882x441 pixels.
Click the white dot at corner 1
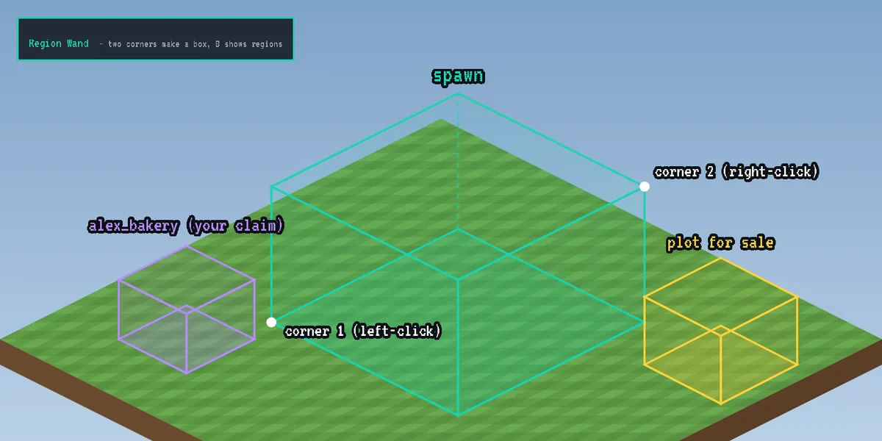tap(271, 323)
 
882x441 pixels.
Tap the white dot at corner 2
tap(644, 187)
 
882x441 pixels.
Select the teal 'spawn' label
tap(458, 76)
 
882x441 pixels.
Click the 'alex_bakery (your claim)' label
tap(186, 226)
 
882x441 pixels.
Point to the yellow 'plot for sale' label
tap(720, 243)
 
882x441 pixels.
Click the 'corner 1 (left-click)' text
tap(363, 331)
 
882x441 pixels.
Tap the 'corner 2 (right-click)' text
tap(736, 172)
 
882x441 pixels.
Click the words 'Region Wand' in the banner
tap(59, 43)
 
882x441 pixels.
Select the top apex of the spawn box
tap(457, 94)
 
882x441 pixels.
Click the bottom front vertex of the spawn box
tap(457, 415)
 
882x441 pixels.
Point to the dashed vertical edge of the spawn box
tap(457, 162)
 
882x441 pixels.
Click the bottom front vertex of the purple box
tap(187, 373)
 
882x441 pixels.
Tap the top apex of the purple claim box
tap(187, 245)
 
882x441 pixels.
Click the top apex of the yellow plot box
tap(720, 258)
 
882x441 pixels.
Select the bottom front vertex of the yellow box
tap(720, 404)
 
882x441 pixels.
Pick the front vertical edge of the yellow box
tap(720, 370)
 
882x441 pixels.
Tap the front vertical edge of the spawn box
tap(457, 347)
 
